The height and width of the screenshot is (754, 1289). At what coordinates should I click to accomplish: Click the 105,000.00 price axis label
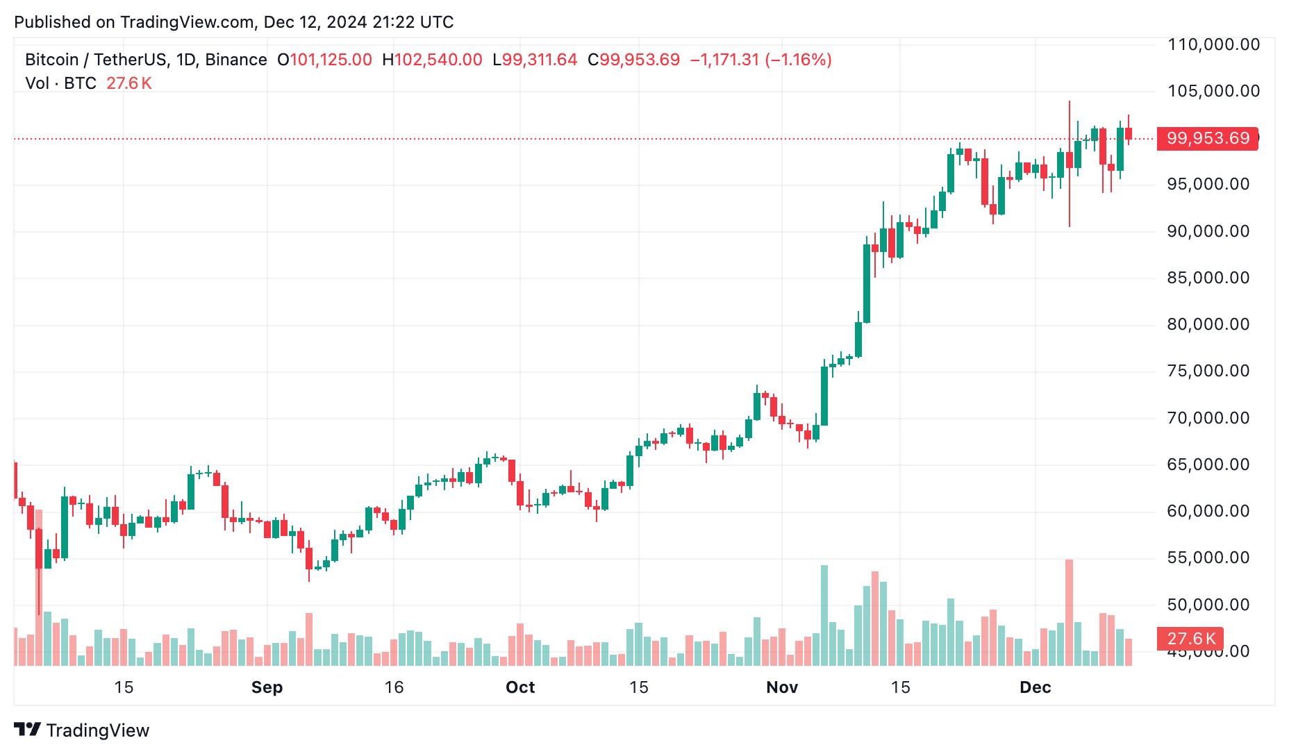pos(1213,91)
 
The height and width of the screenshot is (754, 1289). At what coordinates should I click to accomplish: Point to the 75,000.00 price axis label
pos(1208,371)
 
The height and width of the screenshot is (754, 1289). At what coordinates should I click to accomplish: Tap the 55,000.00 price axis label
pos(1208,558)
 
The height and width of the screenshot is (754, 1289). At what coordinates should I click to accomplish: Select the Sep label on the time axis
pos(267,687)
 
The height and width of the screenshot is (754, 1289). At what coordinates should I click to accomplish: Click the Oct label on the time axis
pos(520,687)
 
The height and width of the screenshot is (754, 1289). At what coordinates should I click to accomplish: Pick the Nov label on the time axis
pos(782,687)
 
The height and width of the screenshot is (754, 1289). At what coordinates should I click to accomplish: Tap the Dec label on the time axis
pos(1035,687)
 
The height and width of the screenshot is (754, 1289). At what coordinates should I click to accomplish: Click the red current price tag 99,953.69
pos(1208,138)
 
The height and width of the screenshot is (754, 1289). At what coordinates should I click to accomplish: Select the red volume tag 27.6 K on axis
pos(1190,639)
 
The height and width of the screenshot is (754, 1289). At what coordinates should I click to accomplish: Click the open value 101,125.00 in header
pos(331,60)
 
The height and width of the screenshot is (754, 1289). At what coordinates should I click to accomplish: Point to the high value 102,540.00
pos(438,60)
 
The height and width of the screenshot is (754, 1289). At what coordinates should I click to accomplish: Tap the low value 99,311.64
pos(540,60)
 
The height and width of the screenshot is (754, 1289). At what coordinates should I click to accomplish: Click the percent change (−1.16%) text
pos(798,60)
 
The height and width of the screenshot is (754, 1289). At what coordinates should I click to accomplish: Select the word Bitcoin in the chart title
pos(52,60)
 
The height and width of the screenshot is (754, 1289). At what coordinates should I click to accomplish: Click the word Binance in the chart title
pos(236,60)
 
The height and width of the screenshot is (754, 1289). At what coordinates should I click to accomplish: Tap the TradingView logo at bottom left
pos(82,730)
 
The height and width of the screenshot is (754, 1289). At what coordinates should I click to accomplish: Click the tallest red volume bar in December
pos(1069,611)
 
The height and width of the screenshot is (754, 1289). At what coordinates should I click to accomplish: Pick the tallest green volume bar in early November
pos(824,614)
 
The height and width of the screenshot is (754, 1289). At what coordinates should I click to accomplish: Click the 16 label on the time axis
pos(394,687)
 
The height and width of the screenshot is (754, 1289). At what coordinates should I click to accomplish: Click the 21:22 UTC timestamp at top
pos(413,22)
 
